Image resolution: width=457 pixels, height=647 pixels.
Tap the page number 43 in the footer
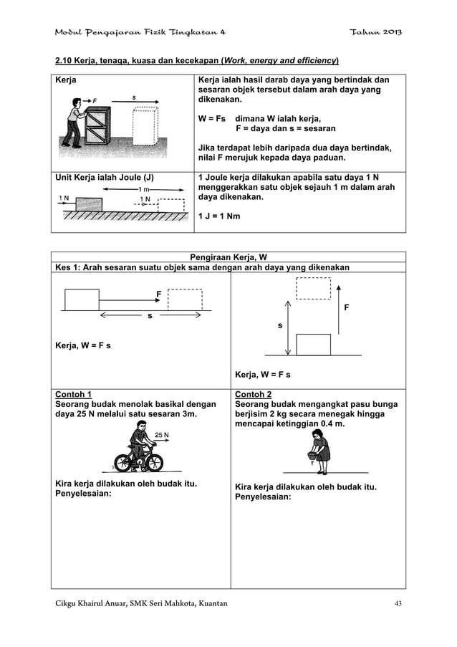pos(398,603)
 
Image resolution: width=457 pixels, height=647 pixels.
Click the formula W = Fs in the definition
pos(211,119)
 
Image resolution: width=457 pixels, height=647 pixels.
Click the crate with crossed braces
pos(101,128)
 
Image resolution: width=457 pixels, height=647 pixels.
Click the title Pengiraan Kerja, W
pos(228,257)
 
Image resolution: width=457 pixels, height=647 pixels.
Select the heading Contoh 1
pos(74,394)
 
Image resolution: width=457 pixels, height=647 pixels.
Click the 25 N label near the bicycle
pos(162,434)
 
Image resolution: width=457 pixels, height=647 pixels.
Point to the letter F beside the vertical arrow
pos(347,308)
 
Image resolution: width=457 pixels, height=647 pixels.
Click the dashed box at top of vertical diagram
pos(312,287)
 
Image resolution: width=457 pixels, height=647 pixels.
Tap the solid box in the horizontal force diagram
pos(81,299)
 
